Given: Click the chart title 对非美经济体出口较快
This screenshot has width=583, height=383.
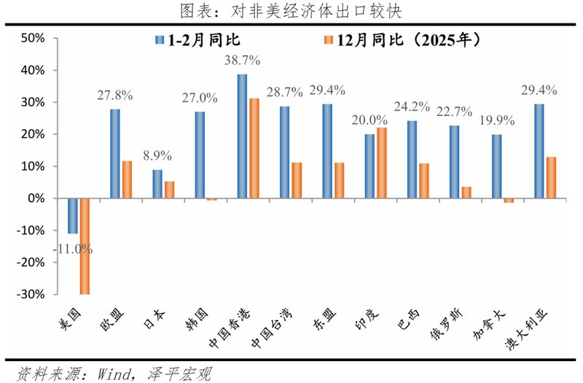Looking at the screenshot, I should coord(291,11).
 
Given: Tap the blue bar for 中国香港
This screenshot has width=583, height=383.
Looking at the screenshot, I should coord(242,136).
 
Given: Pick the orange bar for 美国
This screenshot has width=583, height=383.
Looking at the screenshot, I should coord(85,246).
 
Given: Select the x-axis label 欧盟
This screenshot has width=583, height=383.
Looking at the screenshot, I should coord(115,317).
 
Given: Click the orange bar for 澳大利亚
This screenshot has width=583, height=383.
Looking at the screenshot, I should coord(551,177).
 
